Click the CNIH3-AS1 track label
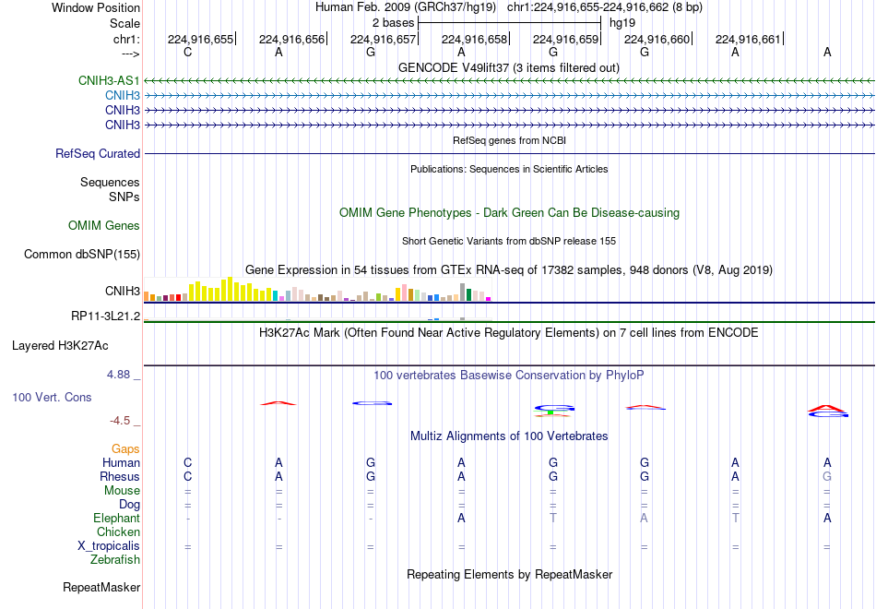pyautogui.click(x=109, y=80)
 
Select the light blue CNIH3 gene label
pyautogui.click(x=123, y=95)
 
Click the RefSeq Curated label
pyautogui.click(x=98, y=153)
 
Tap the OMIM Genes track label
pyautogui.click(x=104, y=225)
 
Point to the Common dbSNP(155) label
pyautogui.click(x=82, y=254)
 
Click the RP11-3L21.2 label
pyautogui.click(x=106, y=316)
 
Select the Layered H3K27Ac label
pyautogui.click(x=60, y=346)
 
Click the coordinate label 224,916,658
pyautogui.click(x=474, y=39)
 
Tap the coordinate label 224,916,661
pyautogui.click(x=748, y=39)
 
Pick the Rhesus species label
pyautogui.click(x=120, y=476)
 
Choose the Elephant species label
pyautogui.click(x=117, y=518)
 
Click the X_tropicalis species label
pyautogui.click(x=109, y=546)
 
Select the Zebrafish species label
pyautogui.click(x=115, y=559)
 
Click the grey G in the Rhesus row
pyautogui.click(x=827, y=476)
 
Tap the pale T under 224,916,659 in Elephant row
pyautogui.click(x=553, y=518)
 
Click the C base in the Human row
pyautogui.click(x=188, y=462)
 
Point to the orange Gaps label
pyautogui.click(x=125, y=449)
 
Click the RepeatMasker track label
pyautogui.click(x=101, y=587)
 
